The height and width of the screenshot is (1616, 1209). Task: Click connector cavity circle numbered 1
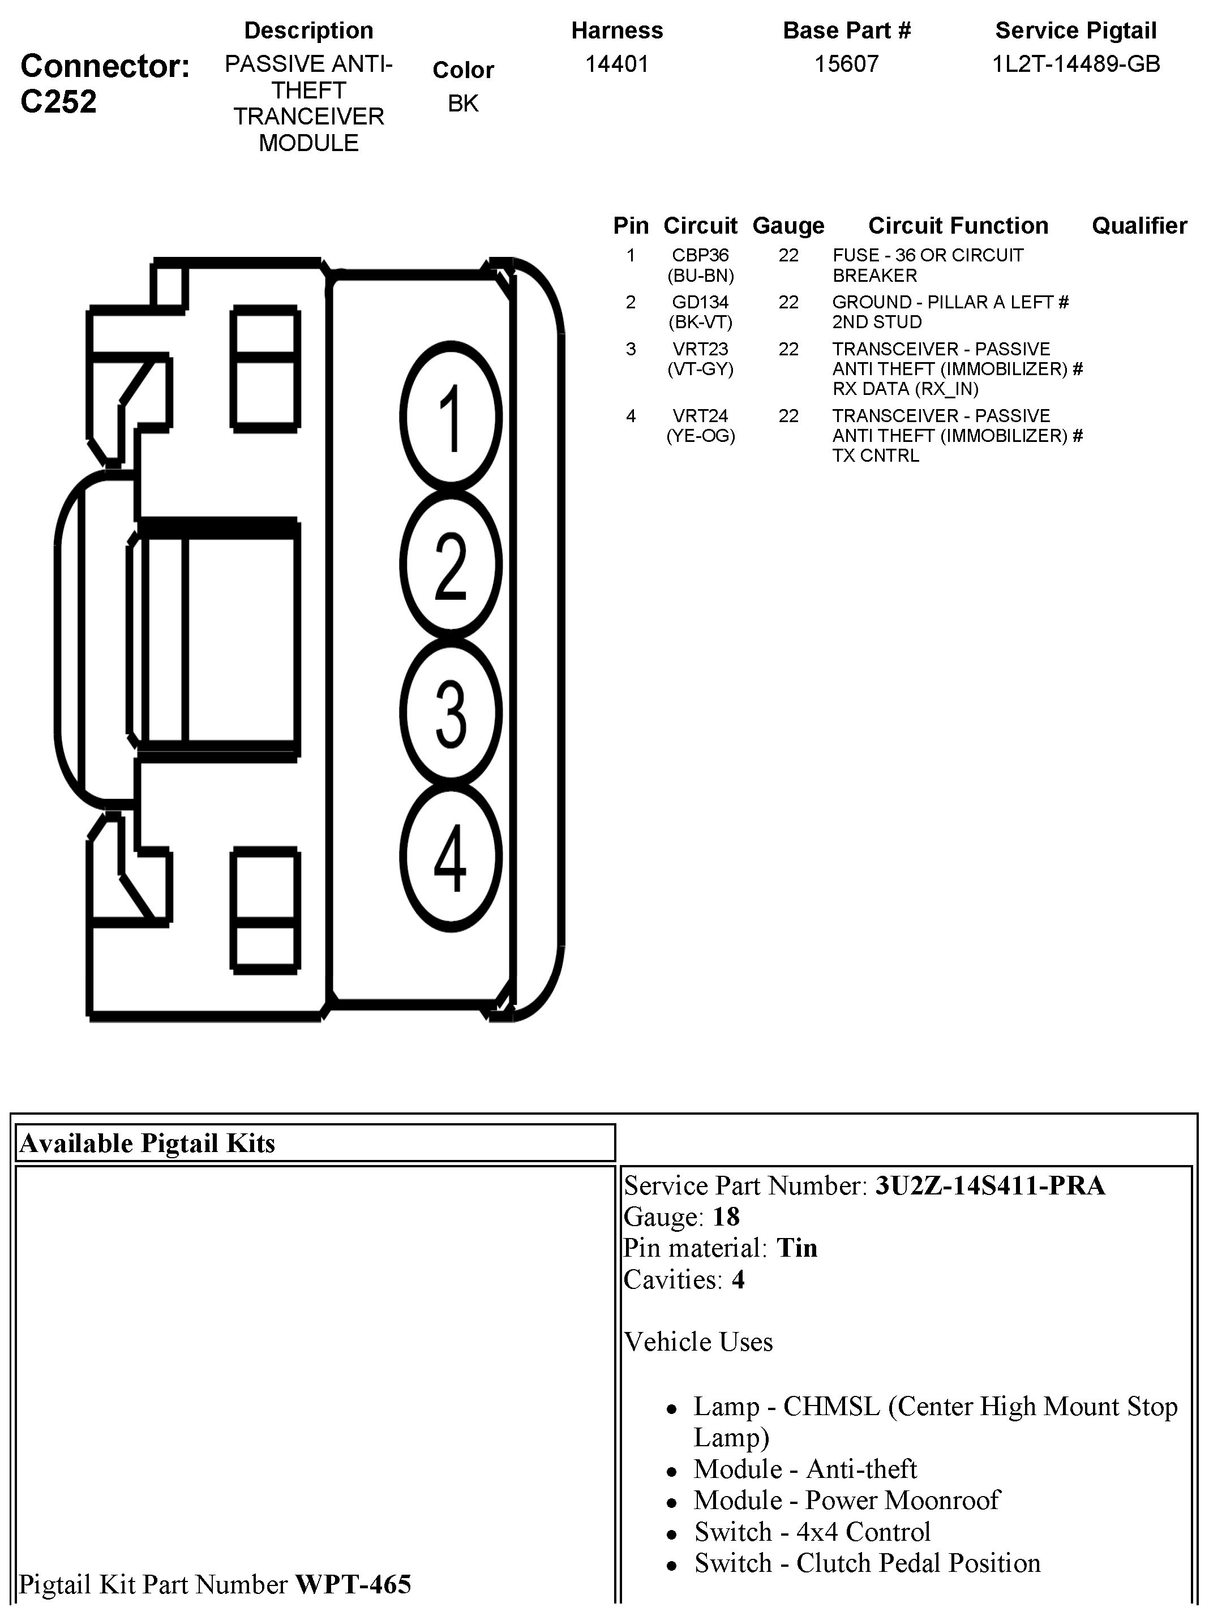tap(451, 416)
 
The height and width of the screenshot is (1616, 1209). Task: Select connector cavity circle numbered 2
tap(451, 565)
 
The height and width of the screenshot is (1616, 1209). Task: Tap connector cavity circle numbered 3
tap(451, 712)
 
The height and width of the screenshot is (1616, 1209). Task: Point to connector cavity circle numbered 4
tap(451, 858)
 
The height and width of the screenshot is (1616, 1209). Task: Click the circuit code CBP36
tap(700, 256)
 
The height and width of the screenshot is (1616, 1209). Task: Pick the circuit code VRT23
tap(700, 349)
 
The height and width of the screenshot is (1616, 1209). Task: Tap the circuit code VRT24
tap(700, 416)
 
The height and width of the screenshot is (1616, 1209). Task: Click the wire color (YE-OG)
tap(700, 436)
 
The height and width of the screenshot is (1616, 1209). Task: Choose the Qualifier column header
tap(1139, 226)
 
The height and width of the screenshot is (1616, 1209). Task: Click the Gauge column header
tap(788, 226)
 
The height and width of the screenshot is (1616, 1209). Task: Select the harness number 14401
tap(617, 65)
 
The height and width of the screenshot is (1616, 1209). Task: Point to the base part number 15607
tap(846, 65)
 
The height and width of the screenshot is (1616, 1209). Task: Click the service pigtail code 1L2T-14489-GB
tap(1076, 65)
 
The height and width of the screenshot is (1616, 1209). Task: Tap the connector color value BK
tap(462, 104)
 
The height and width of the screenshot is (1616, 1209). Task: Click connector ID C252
tap(58, 101)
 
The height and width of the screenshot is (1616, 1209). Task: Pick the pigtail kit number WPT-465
tap(353, 1584)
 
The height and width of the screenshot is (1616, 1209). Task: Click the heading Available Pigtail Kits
tap(148, 1144)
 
